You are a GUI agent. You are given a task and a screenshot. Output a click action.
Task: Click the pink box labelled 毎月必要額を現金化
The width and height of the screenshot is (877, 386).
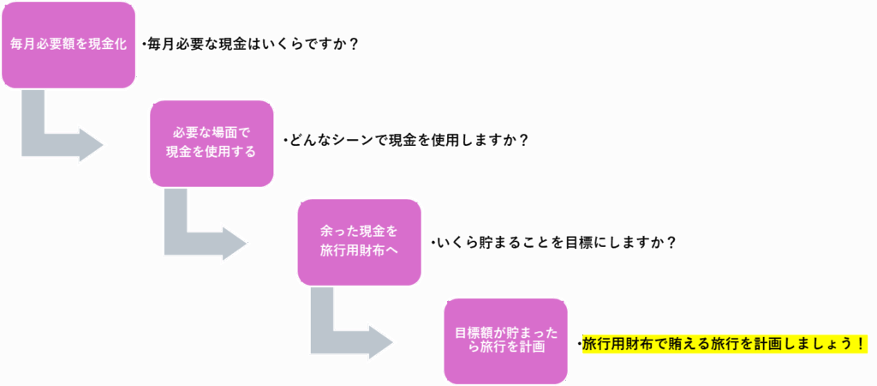[x=69, y=45]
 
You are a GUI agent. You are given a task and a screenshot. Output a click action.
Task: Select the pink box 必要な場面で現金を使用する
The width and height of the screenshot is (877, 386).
[x=212, y=143]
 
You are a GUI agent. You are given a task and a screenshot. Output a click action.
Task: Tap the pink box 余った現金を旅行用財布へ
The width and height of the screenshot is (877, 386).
[x=360, y=242]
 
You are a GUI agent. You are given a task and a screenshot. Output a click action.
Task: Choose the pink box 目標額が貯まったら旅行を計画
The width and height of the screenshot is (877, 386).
[x=505, y=341]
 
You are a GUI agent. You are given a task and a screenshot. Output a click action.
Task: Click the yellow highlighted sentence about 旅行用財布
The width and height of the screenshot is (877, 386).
[x=725, y=344]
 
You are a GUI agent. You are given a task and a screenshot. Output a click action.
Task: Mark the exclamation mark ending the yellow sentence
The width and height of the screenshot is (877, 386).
[x=857, y=344]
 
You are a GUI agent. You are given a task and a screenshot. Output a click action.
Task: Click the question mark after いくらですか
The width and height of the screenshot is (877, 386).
[x=352, y=44]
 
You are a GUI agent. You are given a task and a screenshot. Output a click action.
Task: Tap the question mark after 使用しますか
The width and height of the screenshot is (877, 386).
[x=522, y=141]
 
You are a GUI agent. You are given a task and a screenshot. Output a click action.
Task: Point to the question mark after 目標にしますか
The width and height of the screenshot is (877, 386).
[x=671, y=242]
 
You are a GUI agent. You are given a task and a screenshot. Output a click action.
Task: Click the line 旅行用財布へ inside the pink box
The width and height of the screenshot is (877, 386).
[x=360, y=250]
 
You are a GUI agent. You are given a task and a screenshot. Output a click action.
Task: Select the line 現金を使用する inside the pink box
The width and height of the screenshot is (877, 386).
[x=212, y=152]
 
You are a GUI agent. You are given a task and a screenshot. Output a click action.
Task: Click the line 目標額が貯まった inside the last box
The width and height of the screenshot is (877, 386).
[x=505, y=333]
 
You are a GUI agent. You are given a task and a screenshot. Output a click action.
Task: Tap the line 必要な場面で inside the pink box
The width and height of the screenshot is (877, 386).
[x=212, y=134]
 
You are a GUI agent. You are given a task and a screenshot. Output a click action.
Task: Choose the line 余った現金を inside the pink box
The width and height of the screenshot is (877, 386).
[x=360, y=232]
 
